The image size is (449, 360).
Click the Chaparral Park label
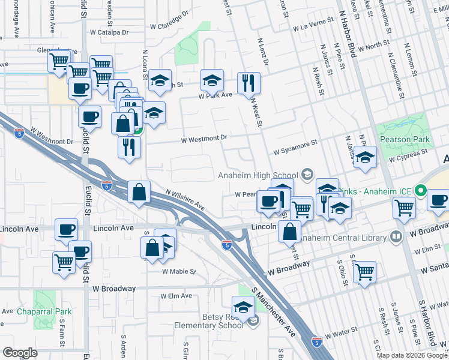click(44, 311)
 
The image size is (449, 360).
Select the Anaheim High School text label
click(258, 175)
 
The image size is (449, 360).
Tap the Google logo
click(20, 352)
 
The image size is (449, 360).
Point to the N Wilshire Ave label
click(185, 200)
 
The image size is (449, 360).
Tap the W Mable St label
click(179, 271)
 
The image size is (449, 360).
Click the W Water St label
click(340, 332)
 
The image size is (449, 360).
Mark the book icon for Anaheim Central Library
click(396, 236)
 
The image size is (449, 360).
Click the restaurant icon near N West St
click(249, 83)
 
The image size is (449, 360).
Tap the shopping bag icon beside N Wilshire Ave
click(139, 193)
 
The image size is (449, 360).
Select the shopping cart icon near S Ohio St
click(364, 271)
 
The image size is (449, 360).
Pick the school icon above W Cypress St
click(365, 157)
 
